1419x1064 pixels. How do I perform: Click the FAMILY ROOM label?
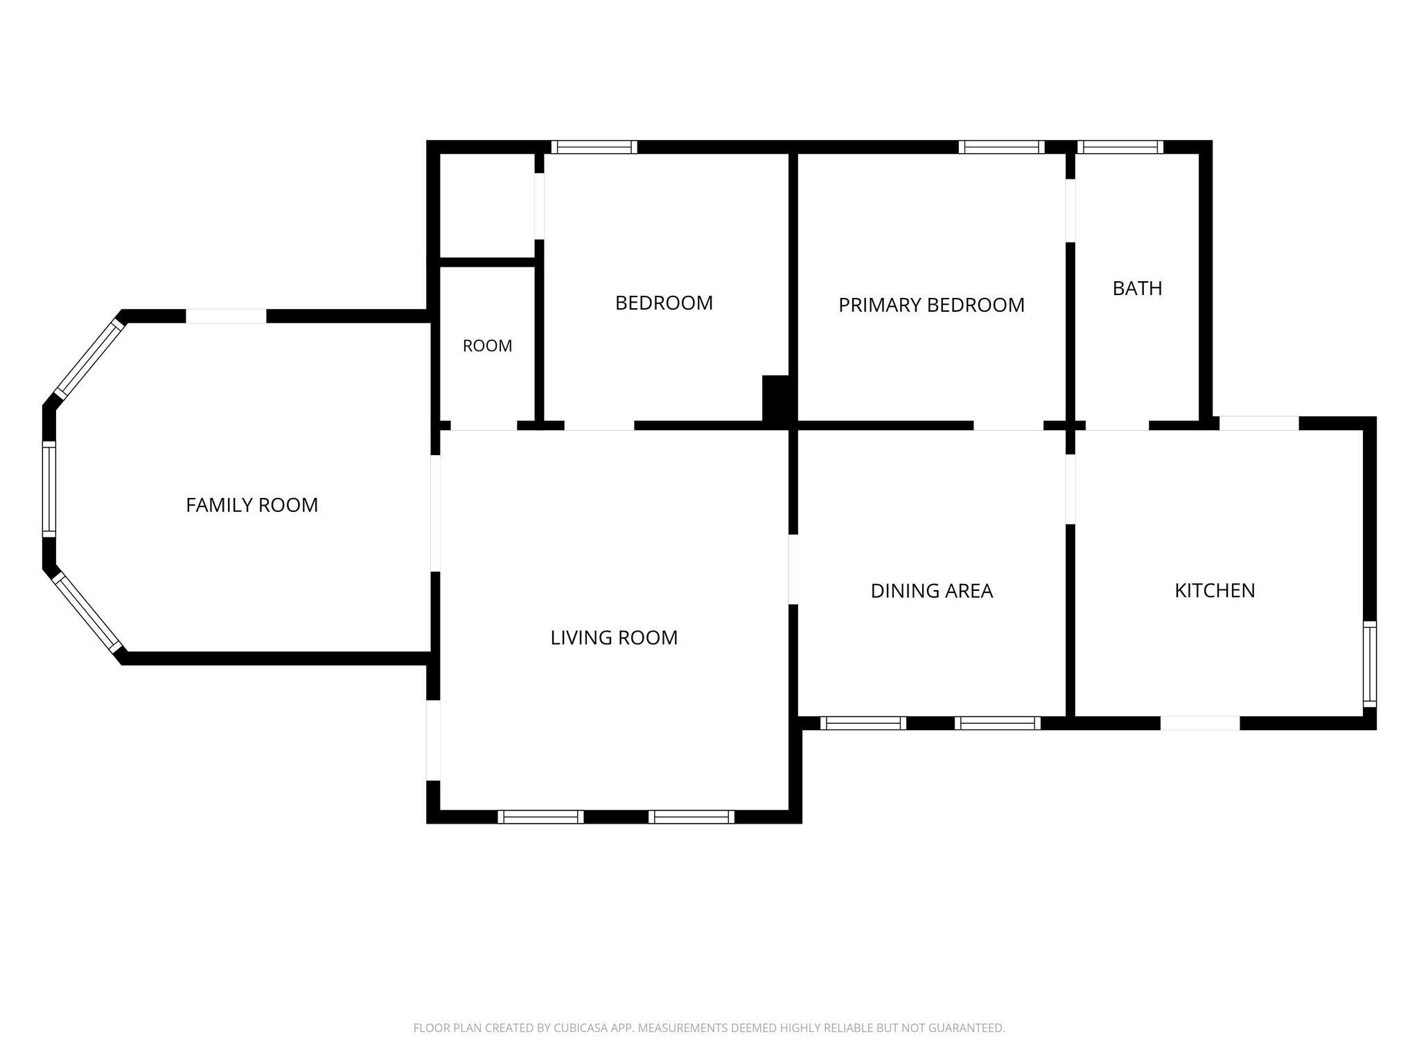pos(252,506)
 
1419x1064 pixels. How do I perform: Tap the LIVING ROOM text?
pos(614,638)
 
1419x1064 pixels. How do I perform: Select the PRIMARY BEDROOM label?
pos(931,305)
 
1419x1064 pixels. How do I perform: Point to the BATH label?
pos(1137,289)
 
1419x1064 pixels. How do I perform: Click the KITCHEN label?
pos(1215,591)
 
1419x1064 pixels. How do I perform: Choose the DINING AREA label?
pos(931,591)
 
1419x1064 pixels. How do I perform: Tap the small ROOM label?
pos(487,346)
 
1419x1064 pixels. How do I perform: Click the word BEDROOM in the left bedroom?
pos(664,303)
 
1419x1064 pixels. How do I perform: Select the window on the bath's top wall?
pos(1120,147)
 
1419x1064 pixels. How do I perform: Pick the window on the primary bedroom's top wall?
pos(1001,147)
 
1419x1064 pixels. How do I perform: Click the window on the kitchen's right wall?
pos(1370,664)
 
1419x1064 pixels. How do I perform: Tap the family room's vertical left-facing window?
pos(49,489)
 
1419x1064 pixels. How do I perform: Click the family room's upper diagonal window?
pos(89,358)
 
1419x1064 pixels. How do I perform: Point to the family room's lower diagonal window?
pos(89,613)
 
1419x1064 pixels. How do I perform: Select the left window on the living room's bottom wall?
pos(540,817)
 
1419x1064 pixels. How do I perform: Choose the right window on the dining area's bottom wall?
pos(998,723)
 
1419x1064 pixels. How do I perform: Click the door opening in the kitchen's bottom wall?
pos(1200,723)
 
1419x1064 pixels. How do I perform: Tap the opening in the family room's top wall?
pos(226,316)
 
